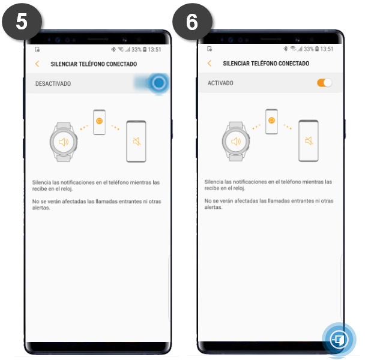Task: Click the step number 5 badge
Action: pos(22,22)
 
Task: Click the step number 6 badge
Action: pos(192,22)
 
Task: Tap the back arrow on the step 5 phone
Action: pos(37,64)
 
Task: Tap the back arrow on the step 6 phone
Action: pos(210,63)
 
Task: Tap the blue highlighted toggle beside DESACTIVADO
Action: pos(159,83)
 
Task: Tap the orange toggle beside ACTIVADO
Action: pos(325,83)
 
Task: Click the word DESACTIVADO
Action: pos(53,83)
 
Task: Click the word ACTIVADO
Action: pos(220,83)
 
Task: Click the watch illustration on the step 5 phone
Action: pos(64,142)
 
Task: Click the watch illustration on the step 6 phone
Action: pos(236,141)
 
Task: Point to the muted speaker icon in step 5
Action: pos(137,141)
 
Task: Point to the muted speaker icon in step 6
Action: pos(309,140)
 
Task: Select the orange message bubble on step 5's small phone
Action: pos(100,121)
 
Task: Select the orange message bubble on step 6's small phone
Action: pos(272,121)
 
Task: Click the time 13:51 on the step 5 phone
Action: pos(154,50)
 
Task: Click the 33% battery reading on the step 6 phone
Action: pos(309,49)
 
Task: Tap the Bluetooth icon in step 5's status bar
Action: pos(113,49)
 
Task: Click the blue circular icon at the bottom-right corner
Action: pos(339,340)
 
